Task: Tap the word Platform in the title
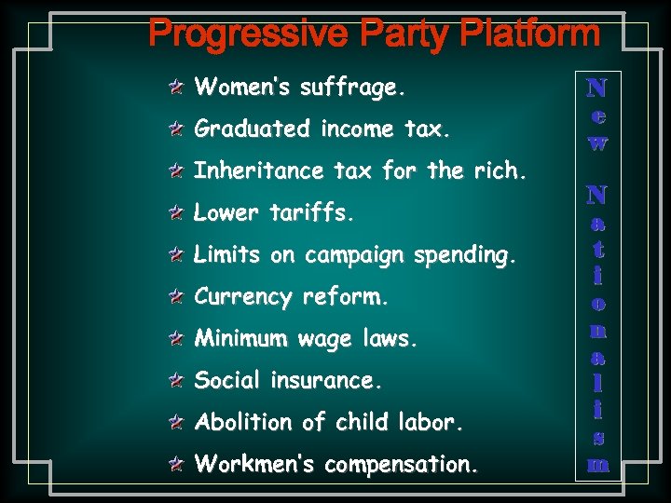pyautogui.click(x=532, y=35)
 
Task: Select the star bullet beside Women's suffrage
pyautogui.click(x=176, y=88)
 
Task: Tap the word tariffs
pyautogui.click(x=312, y=213)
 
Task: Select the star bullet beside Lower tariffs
pyautogui.click(x=176, y=214)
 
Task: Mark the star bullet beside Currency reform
pyautogui.click(x=176, y=298)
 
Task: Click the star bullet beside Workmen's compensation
pyautogui.click(x=176, y=464)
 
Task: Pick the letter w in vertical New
pyautogui.click(x=597, y=143)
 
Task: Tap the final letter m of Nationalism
pyautogui.click(x=597, y=463)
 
